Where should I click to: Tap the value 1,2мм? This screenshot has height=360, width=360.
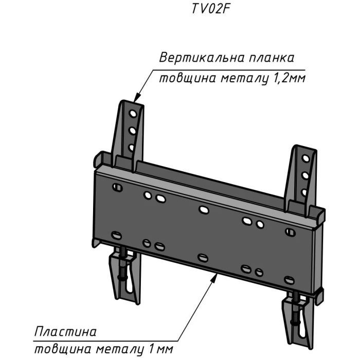pos(286,79)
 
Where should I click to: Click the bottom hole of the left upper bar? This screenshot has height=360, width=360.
pos(132,148)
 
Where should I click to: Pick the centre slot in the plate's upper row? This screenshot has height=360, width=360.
pos(204,209)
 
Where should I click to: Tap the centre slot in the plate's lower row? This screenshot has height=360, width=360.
pos(203,258)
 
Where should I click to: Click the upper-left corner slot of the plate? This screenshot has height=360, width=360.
pos(118,188)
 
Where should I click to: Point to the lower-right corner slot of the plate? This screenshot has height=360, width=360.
pos(290,280)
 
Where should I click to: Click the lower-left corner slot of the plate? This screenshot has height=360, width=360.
pos(117,236)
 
